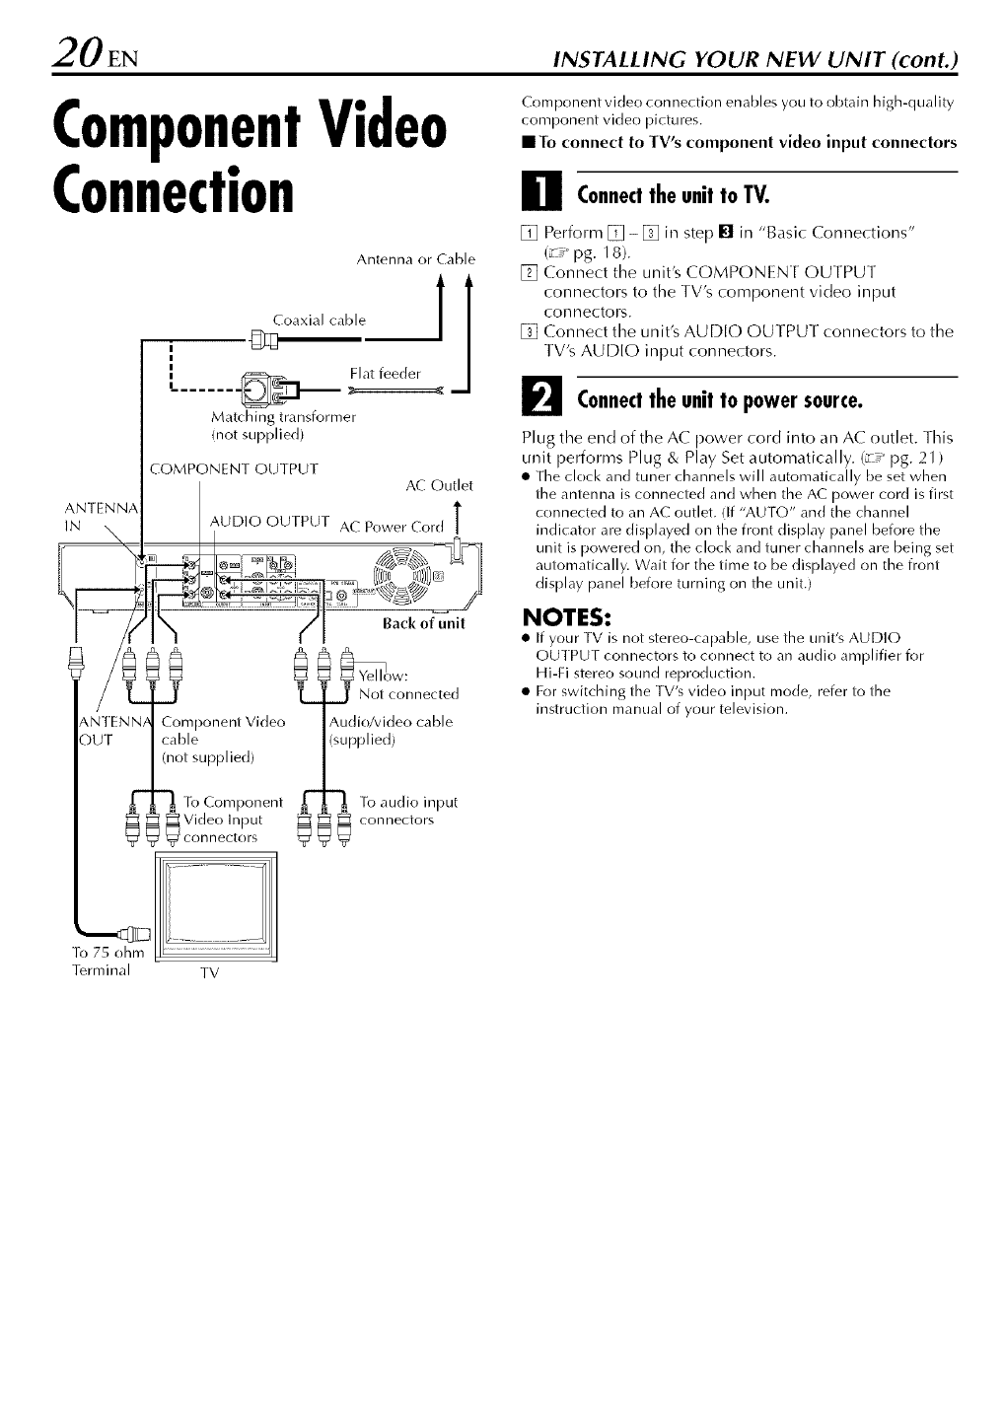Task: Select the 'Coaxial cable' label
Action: (319, 320)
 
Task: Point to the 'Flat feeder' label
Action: (386, 373)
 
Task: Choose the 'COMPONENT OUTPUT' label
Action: (233, 468)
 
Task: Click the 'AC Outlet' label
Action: (440, 485)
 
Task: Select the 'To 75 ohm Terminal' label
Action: (108, 961)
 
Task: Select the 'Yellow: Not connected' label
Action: (408, 685)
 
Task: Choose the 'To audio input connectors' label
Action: (408, 811)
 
